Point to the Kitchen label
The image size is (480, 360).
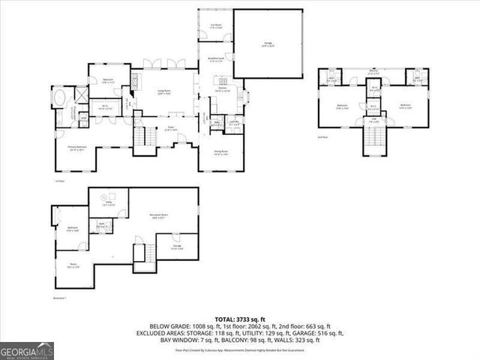pyautogui.click(x=223, y=88)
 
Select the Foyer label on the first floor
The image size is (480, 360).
pyautogui.click(x=171, y=128)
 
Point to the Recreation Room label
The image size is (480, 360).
pyautogui.click(x=158, y=214)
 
